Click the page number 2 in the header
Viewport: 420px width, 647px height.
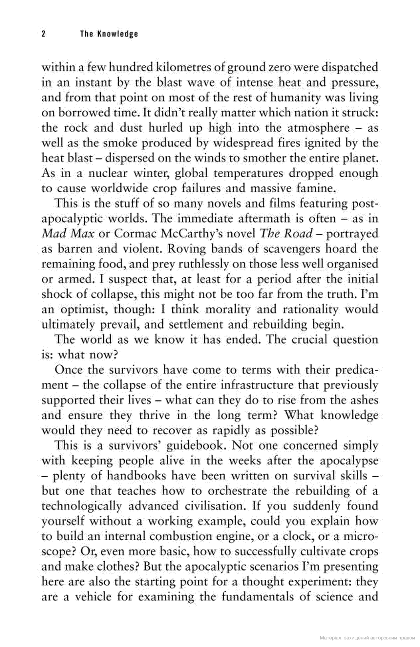tap(43, 34)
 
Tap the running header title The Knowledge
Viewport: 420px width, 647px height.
tap(109, 34)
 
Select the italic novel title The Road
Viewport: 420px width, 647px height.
tap(286, 234)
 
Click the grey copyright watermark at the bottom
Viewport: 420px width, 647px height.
tap(367, 638)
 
